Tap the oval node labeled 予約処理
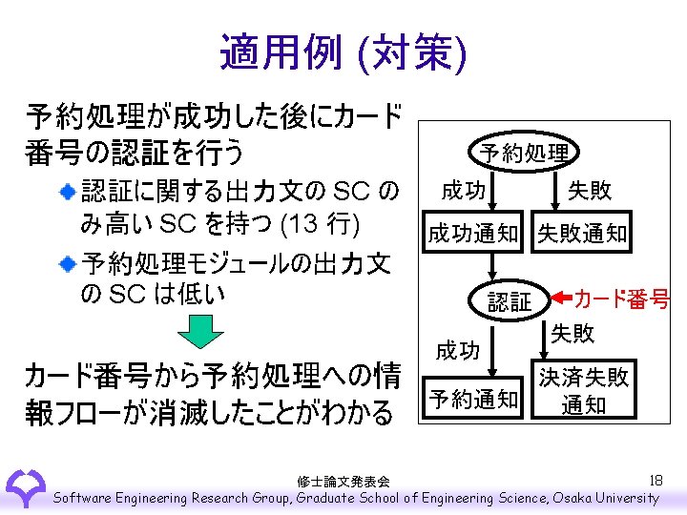(524, 153)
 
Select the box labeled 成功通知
(472, 233)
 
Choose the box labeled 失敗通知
(581, 233)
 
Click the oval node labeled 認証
(510, 301)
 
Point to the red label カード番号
(621, 299)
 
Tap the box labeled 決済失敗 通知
(583, 390)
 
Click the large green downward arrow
(201, 335)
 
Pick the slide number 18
(655, 480)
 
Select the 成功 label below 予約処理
(463, 191)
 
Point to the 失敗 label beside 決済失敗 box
(572, 333)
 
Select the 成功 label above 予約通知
(458, 351)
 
